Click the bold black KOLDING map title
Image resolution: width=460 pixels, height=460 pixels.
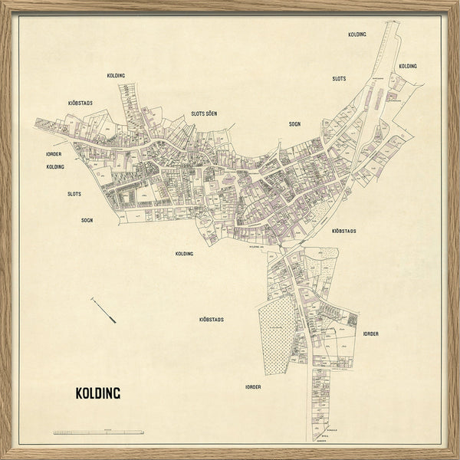[x=97, y=393]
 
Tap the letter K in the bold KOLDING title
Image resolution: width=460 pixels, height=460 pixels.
[x=79, y=393]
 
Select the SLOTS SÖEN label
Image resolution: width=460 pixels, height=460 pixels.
[x=204, y=113]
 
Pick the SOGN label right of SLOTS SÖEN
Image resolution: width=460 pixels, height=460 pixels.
[x=295, y=123]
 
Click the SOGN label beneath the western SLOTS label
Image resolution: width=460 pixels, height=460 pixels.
[x=87, y=220]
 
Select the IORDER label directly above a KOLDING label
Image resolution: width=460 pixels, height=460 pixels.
[x=54, y=154]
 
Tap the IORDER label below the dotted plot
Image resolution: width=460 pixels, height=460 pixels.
[x=253, y=387]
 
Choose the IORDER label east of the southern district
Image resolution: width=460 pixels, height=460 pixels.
[x=371, y=333]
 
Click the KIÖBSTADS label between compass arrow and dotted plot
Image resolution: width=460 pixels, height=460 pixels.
[x=211, y=317]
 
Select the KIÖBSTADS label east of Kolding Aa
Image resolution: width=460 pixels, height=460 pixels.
[x=343, y=230]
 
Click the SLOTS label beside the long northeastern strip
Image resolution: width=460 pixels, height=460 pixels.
[x=339, y=79]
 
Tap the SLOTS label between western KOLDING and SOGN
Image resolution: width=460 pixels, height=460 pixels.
[x=74, y=194]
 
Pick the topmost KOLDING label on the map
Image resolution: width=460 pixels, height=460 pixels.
[x=357, y=34]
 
